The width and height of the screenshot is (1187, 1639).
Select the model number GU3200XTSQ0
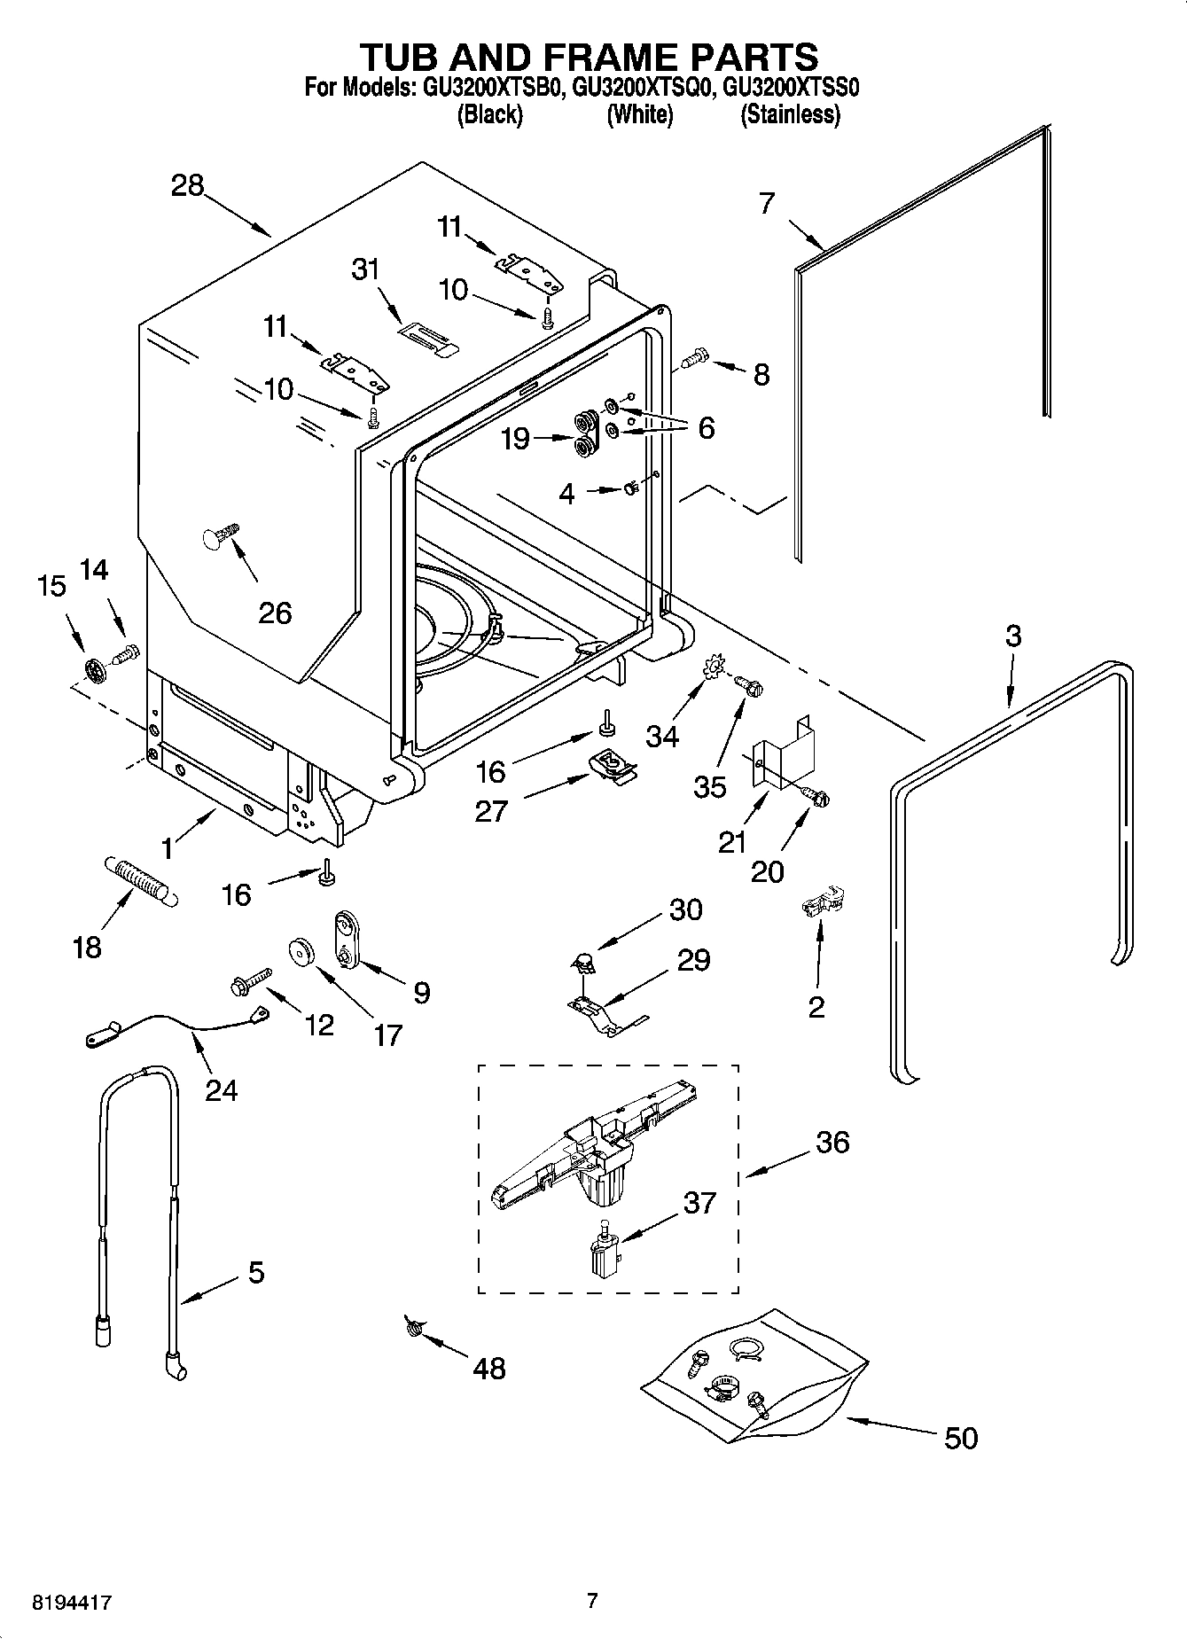click(x=641, y=88)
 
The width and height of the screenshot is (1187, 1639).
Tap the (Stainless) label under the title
click(x=790, y=114)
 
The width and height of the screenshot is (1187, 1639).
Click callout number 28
click(x=187, y=186)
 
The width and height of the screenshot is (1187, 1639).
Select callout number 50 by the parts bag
click(x=960, y=1437)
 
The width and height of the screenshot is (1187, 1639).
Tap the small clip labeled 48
click(x=413, y=1326)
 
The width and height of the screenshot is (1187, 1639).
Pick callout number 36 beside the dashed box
click(x=832, y=1142)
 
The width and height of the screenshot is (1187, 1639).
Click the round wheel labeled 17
click(x=302, y=952)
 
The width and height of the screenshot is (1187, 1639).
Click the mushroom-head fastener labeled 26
click(x=219, y=537)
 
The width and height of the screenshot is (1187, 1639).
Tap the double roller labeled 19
click(x=585, y=433)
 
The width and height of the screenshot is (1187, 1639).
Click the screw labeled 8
click(x=695, y=358)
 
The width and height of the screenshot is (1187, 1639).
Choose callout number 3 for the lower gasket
click(x=1013, y=636)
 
